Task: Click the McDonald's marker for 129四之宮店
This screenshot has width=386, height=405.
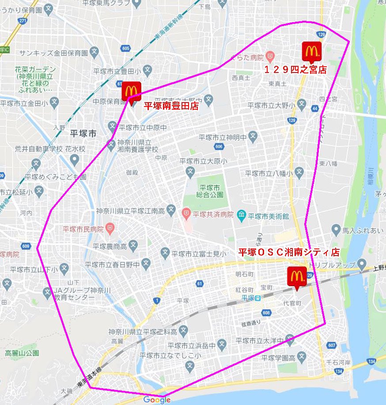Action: point(311,51)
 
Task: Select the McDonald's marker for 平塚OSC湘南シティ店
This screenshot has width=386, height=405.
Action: point(296,276)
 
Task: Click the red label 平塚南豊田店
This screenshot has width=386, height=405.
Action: point(171,106)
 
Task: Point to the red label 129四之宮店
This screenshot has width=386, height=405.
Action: point(295,69)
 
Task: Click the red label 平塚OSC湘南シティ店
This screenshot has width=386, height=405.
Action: point(289,252)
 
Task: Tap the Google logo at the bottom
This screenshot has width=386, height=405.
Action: point(157,400)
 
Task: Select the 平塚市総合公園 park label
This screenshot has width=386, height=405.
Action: point(212,192)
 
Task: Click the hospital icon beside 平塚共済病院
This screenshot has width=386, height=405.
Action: point(187,213)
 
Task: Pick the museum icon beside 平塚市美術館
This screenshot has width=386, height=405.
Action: point(242,216)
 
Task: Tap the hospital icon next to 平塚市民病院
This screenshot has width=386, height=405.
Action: point(110,229)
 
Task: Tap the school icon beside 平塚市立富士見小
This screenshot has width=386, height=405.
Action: point(165,253)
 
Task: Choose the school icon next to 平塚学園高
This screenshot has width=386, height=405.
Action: point(301,357)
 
